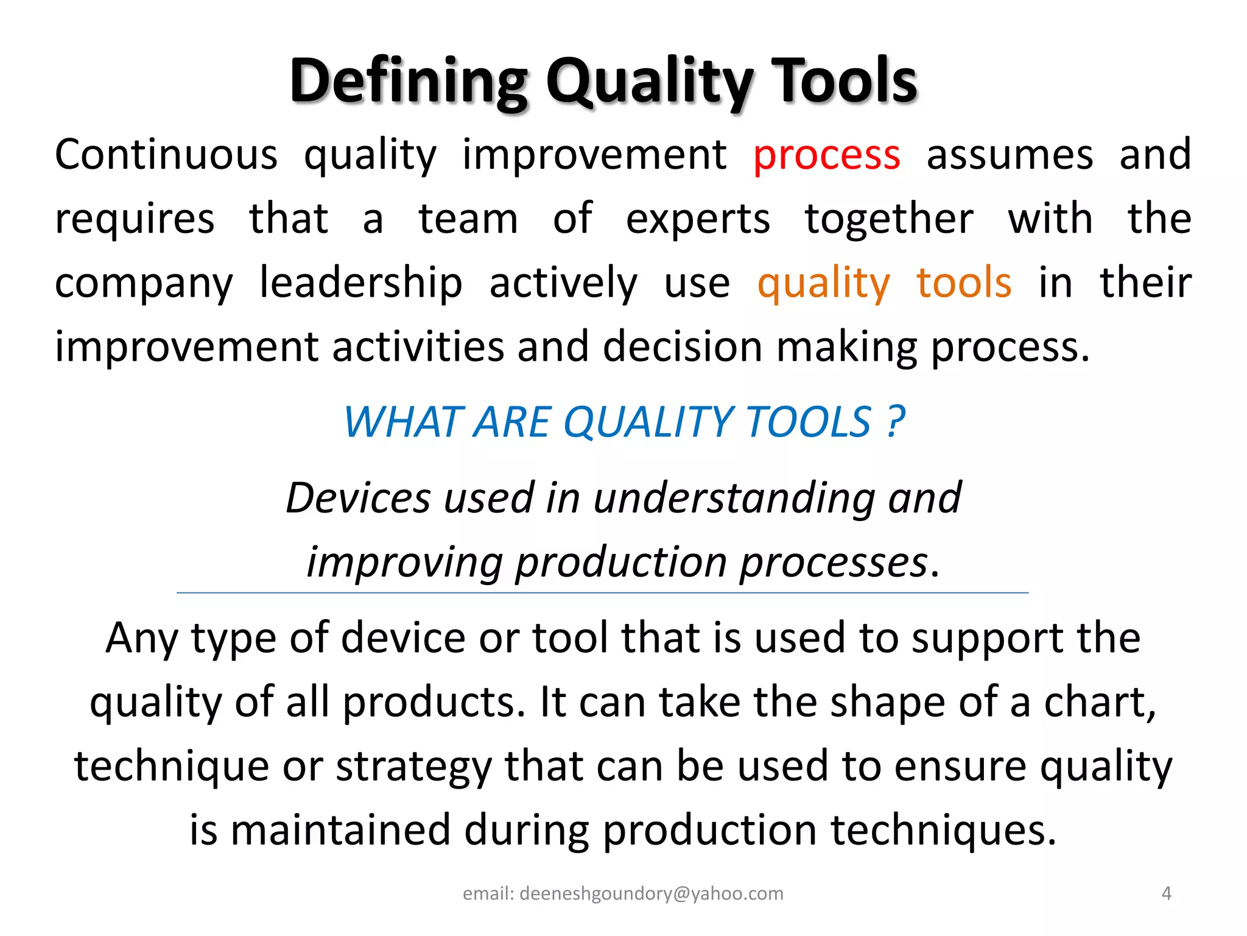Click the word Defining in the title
[408, 81]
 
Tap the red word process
[826, 155]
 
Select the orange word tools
[964, 283]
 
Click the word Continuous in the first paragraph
[166, 154]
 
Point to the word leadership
[360, 283]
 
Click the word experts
[698, 219]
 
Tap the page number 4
[1166, 893]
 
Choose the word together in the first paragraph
[888, 219]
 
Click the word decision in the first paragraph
[682, 347]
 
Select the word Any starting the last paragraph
[141, 639]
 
